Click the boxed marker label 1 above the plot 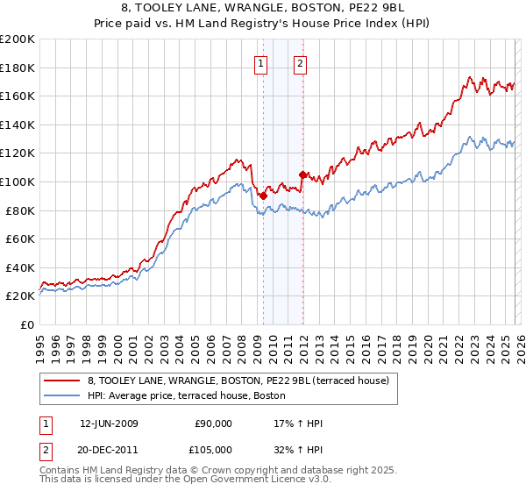click(x=261, y=62)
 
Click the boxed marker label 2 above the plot click(x=300, y=62)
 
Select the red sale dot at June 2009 click(x=263, y=196)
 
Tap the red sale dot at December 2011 click(x=302, y=174)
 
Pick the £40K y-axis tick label click(x=20, y=267)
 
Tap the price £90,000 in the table click(x=213, y=423)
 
